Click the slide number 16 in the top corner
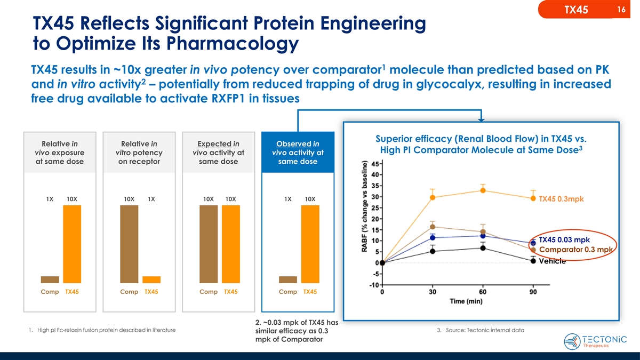[621, 10]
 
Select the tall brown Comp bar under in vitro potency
[129, 244]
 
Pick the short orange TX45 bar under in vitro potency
[151, 279]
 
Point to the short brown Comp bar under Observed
[288, 279]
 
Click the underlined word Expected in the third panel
[210, 143]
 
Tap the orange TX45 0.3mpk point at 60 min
[483, 190]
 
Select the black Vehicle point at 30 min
[433, 252]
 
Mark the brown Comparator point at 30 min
[433, 227]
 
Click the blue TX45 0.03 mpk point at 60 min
[483, 236]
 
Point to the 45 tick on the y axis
[375, 163]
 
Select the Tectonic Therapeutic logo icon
[574, 340]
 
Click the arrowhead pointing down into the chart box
[482, 118]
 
